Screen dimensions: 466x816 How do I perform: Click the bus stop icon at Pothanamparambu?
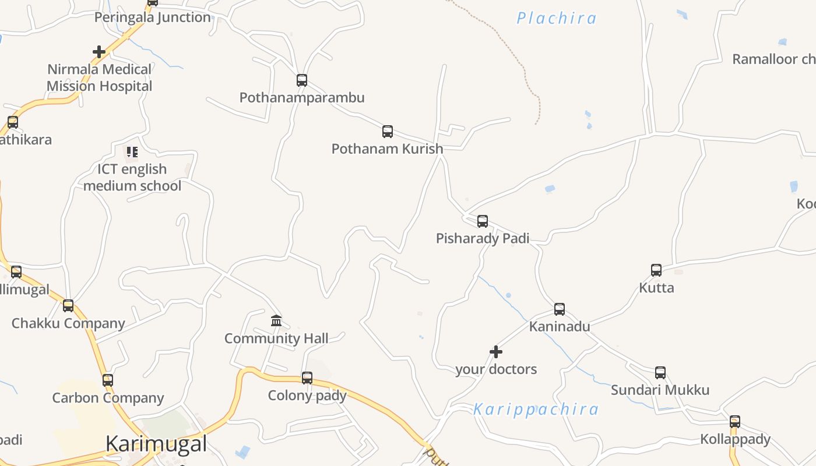(301, 80)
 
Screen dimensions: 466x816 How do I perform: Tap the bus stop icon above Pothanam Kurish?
(388, 132)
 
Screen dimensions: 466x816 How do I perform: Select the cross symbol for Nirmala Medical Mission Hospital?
(99, 52)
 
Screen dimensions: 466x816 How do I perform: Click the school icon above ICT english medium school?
(132, 152)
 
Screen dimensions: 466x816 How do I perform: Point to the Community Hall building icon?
(276, 321)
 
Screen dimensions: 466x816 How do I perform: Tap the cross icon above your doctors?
(496, 352)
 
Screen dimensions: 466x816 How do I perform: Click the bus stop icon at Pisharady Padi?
(483, 221)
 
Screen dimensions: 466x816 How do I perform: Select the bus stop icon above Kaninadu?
(560, 309)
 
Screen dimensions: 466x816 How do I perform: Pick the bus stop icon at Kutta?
(656, 270)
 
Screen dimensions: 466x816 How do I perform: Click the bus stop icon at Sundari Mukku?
(660, 373)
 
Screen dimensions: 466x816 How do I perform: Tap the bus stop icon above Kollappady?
(735, 422)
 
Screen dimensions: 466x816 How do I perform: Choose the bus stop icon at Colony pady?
(307, 378)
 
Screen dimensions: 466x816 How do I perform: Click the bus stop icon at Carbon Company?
(108, 380)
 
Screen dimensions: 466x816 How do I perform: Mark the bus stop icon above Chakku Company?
(68, 306)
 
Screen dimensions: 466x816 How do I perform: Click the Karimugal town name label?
(156, 444)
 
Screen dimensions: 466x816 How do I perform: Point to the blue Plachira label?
(557, 19)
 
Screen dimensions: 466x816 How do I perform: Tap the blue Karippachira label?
(536, 409)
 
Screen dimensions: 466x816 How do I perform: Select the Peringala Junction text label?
(153, 17)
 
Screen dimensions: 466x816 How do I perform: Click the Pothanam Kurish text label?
(388, 149)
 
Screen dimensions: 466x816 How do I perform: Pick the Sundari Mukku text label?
(660, 390)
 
